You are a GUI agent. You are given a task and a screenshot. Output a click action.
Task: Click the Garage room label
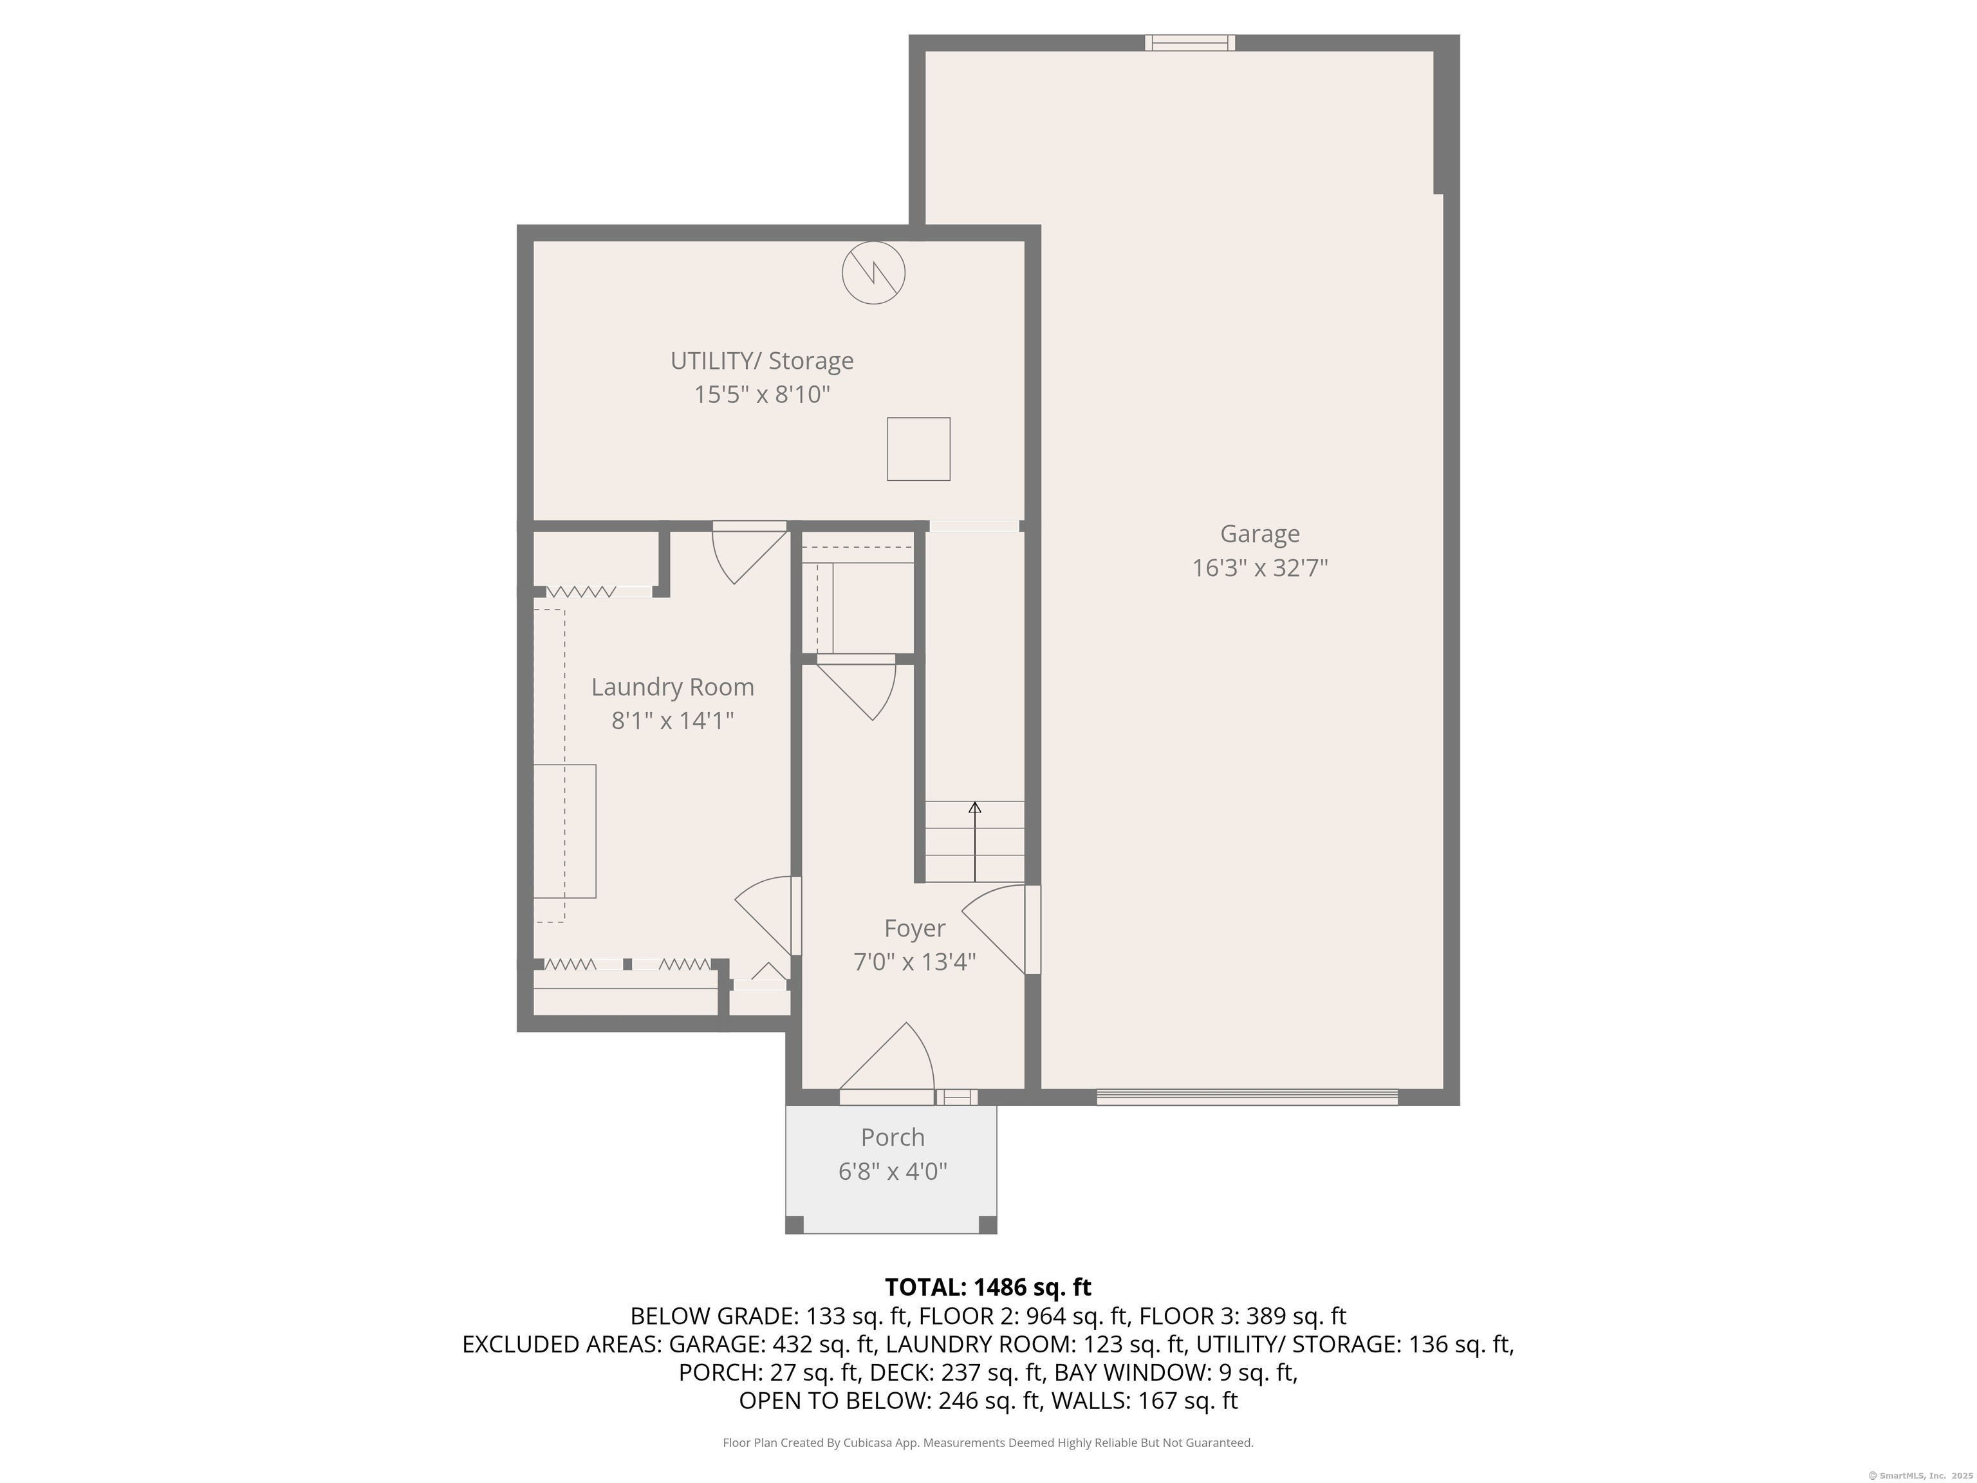click(x=1259, y=534)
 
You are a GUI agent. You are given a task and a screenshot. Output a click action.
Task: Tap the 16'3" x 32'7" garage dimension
click(x=1260, y=568)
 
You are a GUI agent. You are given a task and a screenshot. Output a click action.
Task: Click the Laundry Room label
click(x=672, y=687)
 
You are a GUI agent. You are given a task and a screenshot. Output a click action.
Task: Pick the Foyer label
click(x=914, y=929)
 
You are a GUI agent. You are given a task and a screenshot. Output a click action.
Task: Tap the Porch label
click(x=892, y=1137)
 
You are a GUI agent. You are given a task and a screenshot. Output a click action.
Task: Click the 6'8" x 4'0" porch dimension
click(x=892, y=1171)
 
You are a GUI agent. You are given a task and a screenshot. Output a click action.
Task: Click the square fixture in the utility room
click(x=918, y=449)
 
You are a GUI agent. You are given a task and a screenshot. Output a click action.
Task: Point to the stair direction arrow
click(x=974, y=842)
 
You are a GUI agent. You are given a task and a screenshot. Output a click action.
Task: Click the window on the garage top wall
click(x=1189, y=42)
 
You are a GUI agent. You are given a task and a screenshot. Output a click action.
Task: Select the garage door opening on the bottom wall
click(x=1247, y=1097)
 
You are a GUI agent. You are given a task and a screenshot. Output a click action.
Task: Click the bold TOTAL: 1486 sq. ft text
click(x=988, y=1287)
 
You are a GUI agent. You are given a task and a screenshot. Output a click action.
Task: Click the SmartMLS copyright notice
click(x=1920, y=1475)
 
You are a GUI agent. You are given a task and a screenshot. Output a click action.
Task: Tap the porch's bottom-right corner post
click(x=988, y=1225)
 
